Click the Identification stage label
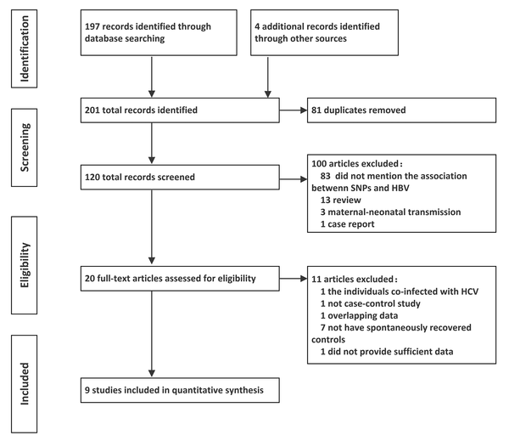click(x=25, y=48)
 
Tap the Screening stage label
click(x=25, y=148)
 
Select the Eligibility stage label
click(x=25, y=265)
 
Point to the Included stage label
click(x=25, y=384)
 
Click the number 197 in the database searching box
click(x=92, y=26)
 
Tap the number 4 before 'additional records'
click(x=257, y=26)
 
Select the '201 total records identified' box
click(x=180, y=110)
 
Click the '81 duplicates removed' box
click(x=401, y=110)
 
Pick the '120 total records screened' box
click(x=180, y=178)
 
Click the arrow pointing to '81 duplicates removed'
click(x=294, y=110)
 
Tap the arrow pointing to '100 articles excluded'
click(x=294, y=179)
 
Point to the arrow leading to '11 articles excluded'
click(x=294, y=279)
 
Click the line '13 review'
click(x=340, y=200)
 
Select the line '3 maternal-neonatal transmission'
click(x=390, y=212)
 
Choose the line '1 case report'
click(x=347, y=224)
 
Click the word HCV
click(x=470, y=291)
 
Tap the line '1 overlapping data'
click(x=359, y=316)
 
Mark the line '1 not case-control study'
click(x=371, y=303)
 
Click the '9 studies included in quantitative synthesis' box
click(x=180, y=390)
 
